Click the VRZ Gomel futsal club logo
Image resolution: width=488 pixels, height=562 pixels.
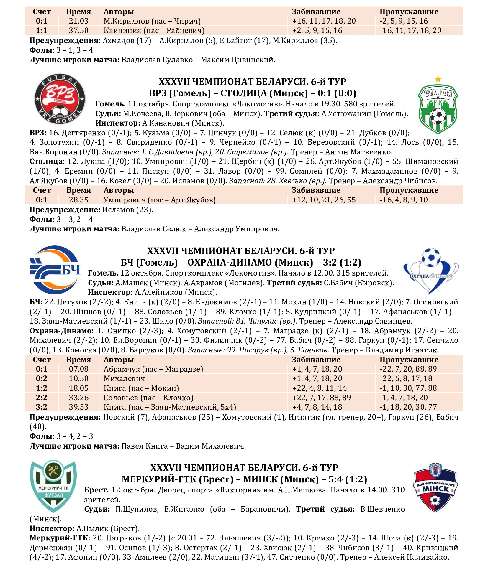pyautogui.click(x=60, y=99)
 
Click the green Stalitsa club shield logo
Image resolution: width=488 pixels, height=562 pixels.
pyautogui.click(x=438, y=109)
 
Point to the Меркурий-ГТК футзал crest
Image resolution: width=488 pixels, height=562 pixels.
pyautogui.click(x=53, y=486)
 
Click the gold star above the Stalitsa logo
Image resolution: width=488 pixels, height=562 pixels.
pyautogui.click(x=438, y=79)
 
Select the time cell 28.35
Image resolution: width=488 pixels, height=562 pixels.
pyautogui.click(x=78, y=200)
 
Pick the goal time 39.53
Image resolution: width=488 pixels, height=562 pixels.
pyautogui.click(x=78, y=407)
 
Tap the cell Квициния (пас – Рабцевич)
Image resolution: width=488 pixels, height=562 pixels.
pyautogui.click(x=154, y=30)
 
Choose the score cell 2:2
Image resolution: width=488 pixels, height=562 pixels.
pyautogui.click(x=42, y=398)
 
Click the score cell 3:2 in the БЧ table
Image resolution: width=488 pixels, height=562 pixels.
pyautogui.click(x=42, y=407)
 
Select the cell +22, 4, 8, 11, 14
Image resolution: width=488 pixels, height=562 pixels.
pyautogui.click(x=319, y=388)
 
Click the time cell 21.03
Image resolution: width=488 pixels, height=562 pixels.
pyautogui.click(x=78, y=21)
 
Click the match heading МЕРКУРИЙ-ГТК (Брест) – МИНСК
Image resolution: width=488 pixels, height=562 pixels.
pyautogui.click(x=244, y=479)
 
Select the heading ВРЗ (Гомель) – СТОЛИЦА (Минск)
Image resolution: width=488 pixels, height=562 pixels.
pyautogui.click(x=253, y=93)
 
